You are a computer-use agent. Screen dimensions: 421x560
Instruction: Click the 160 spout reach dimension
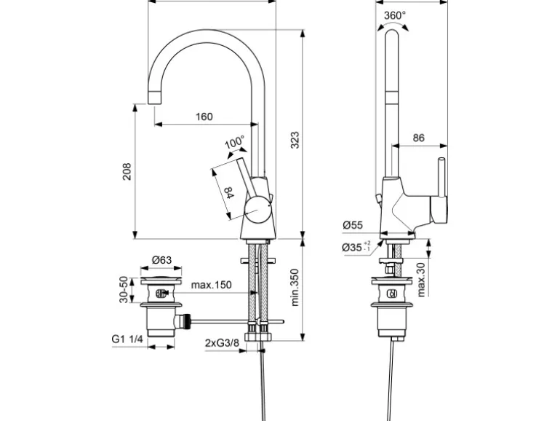(204, 117)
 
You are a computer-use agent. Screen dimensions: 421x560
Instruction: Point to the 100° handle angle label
(234, 143)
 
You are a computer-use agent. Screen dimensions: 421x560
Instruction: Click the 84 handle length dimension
(228, 194)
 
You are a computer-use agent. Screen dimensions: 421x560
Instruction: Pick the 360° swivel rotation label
(395, 15)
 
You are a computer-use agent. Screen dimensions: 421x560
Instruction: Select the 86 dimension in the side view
(419, 137)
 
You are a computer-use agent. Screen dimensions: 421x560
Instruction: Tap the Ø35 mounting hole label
(356, 247)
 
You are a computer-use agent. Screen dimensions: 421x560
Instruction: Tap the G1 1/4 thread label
(128, 339)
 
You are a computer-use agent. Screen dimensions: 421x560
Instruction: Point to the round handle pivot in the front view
(256, 212)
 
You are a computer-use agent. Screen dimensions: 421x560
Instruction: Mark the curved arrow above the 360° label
(393, 25)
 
